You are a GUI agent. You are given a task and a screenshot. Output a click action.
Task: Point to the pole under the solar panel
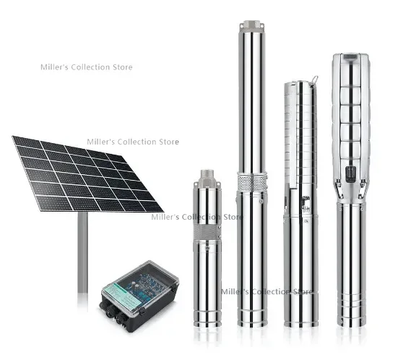[83, 253]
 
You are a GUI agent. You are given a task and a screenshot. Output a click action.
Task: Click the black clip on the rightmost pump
[350, 173]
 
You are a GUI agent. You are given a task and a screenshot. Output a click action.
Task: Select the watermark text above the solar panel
[86, 67]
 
